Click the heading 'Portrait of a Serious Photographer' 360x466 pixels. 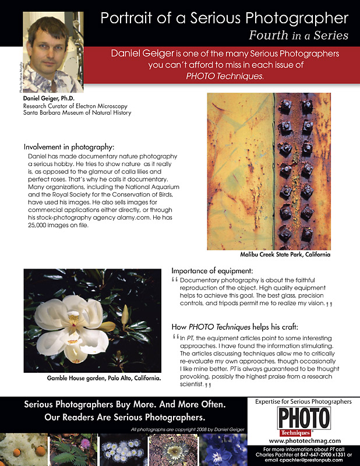(224, 17)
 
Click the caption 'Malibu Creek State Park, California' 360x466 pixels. (285, 255)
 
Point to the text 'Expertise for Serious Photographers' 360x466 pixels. (303, 401)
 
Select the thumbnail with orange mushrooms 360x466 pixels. (23, 450)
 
